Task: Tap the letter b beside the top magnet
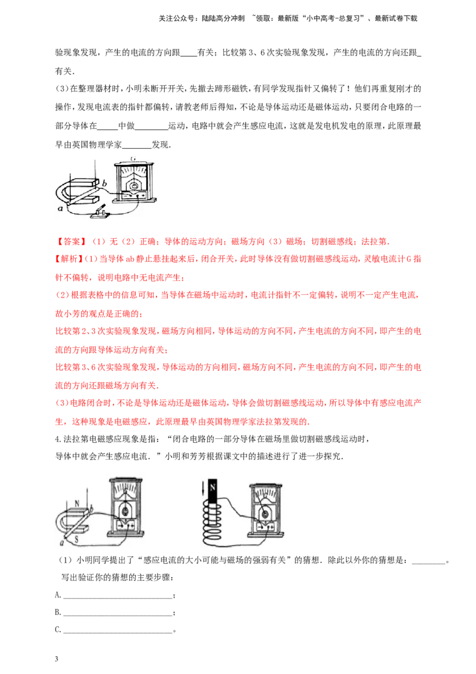(x=104, y=183)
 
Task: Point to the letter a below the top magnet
(x=60, y=208)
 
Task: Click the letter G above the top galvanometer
(x=133, y=158)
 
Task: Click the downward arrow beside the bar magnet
(x=202, y=490)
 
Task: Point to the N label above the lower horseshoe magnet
(x=77, y=503)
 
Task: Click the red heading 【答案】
(x=71, y=242)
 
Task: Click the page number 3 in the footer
(x=57, y=659)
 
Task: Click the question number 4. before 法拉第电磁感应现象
(x=59, y=439)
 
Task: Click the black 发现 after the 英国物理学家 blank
(x=160, y=145)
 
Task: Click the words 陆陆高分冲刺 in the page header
(x=223, y=18)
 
